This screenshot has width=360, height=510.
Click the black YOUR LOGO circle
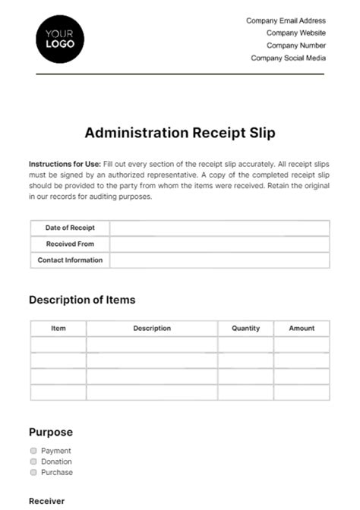pos(60,39)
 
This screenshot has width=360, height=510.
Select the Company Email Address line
pos(286,21)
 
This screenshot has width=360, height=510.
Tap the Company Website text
pos(296,33)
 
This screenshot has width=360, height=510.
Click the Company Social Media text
pos(288,58)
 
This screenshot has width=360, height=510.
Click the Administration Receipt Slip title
pos(180,133)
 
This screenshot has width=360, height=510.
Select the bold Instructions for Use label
pos(60,164)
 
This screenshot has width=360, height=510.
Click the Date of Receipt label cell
pos(69,228)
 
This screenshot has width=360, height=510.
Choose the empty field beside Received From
pos(219,244)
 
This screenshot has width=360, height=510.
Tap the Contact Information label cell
pos(69,260)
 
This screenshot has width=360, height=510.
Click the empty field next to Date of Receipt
pos(219,228)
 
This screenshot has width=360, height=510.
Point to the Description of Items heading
pos(82,300)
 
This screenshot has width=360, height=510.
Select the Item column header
pos(58,329)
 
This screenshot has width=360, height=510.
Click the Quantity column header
pos(245,329)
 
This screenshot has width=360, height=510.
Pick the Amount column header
pos(302,329)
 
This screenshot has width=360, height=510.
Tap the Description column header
pos(152,329)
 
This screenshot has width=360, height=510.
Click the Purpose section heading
pos(51,433)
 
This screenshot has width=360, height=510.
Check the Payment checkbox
pos(33,451)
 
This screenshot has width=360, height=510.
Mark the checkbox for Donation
pos(33,461)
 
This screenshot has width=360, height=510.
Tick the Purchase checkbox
pos(33,472)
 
